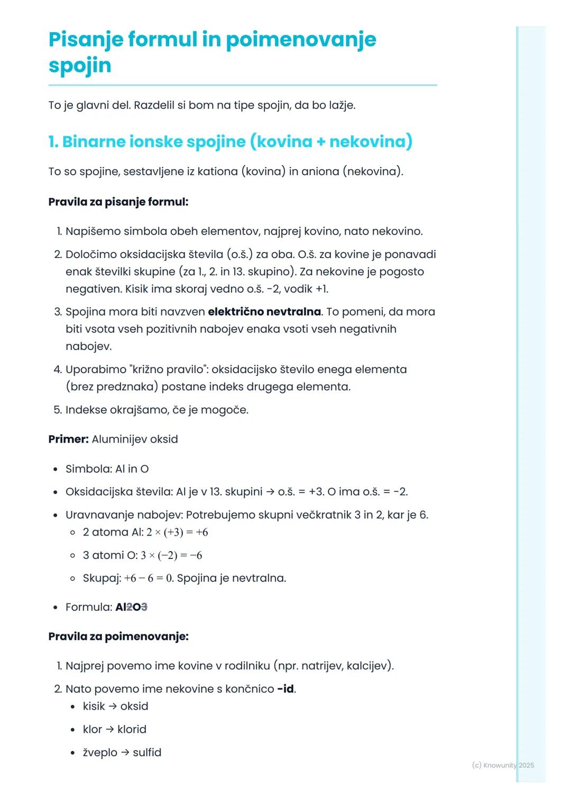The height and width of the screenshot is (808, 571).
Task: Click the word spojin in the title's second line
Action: point(80,66)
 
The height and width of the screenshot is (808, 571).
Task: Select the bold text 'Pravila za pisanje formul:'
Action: point(118,201)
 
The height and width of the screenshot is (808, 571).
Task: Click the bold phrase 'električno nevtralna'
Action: point(264,312)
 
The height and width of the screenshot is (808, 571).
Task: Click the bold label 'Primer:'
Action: point(68,439)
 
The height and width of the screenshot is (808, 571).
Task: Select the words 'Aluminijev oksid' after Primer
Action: point(135,439)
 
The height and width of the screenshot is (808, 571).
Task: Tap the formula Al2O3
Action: point(131,607)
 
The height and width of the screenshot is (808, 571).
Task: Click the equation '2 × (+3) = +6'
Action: point(177,532)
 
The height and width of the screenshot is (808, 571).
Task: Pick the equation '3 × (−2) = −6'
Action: point(171,555)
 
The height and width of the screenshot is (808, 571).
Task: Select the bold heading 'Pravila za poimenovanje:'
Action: point(118,636)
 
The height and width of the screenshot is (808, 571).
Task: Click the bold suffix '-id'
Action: point(285,689)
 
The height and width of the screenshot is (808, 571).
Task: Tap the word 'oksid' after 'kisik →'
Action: point(134,706)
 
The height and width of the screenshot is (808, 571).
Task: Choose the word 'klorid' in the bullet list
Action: point(132,730)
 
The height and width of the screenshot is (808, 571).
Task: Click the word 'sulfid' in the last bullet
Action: point(147,752)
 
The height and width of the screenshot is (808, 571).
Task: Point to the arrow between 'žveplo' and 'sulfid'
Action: point(125,752)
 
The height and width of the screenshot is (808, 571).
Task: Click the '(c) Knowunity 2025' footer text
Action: point(503,765)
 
